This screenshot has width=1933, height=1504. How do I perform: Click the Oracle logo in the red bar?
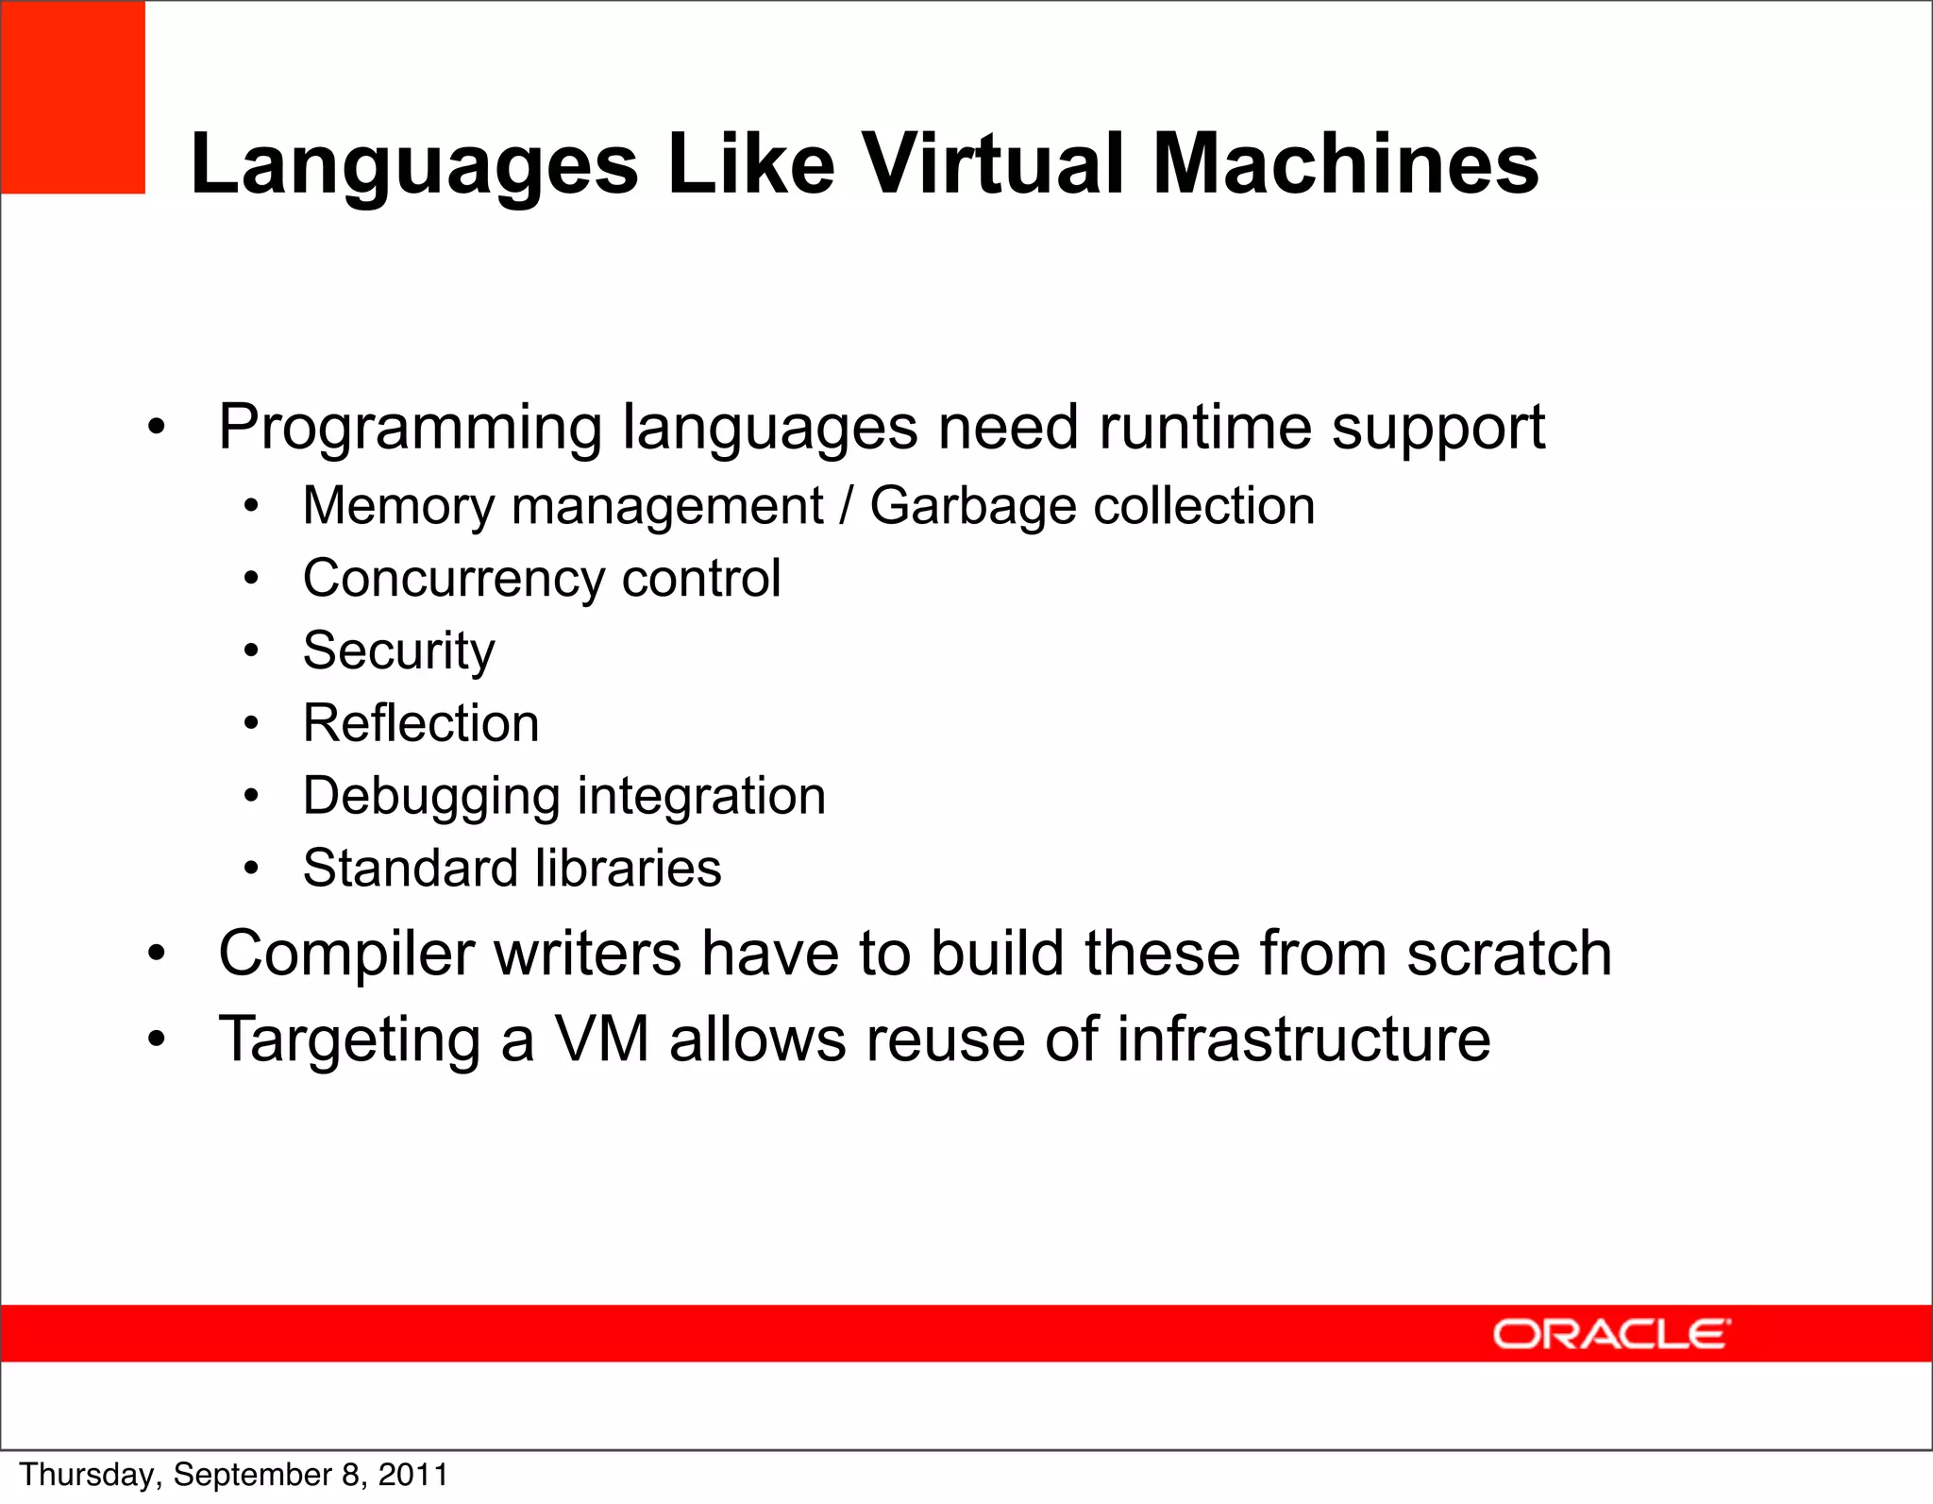(x=1611, y=1334)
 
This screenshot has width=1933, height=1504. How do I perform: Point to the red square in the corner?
(x=73, y=97)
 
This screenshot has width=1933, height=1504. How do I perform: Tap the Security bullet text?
(x=398, y=651)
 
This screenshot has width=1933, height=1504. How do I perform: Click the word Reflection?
(x=421, y=723)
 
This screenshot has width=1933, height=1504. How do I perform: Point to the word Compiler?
(x=345, y=955)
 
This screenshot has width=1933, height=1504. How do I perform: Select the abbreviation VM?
(x=601, y=1039)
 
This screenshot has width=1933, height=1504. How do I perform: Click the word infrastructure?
(x=1303, y=1039)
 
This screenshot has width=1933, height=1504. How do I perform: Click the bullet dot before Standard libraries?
(x=250, y=868)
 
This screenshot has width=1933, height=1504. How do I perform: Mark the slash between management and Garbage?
(x=847, y=506)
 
